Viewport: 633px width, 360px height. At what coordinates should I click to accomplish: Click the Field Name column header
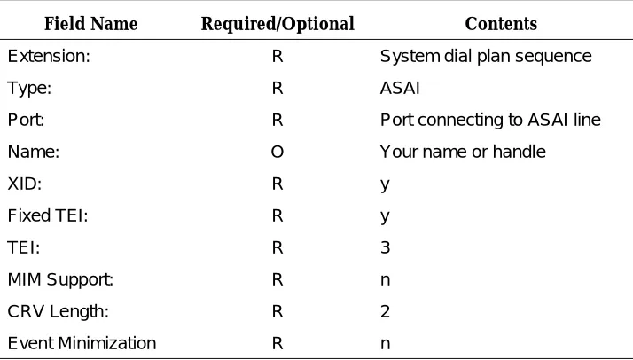(x=90, y=24)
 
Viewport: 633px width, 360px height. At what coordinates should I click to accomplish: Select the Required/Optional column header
(x=277, y=24)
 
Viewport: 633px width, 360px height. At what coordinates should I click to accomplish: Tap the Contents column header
(x=501, y=24)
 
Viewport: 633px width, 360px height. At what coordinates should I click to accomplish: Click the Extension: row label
(x=49, y=56)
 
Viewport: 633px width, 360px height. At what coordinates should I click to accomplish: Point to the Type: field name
(x=29, y=89)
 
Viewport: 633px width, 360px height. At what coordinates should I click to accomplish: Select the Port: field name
(x=26, y=120)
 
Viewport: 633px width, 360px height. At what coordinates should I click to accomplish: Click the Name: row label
(x=34, y=152)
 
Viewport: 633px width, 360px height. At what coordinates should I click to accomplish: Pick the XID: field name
(x=25, y=184)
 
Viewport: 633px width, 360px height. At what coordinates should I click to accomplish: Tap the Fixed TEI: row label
(x=48, y=215)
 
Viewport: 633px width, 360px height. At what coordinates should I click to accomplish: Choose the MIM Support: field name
(x=60, y=280)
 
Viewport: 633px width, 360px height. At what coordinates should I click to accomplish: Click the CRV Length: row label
(x=59, y=312)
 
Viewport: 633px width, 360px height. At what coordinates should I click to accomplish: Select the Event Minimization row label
(x=82, y=343)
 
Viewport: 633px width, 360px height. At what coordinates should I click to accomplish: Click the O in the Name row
(x=277, y=152)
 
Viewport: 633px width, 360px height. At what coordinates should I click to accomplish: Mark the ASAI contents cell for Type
(x=400, y=88)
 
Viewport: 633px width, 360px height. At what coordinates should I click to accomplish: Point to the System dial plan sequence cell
(x=486, y=57)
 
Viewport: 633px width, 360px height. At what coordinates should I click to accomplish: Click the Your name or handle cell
(x=463, y=152)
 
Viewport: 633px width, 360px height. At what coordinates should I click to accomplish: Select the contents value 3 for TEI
(x=385, y=247)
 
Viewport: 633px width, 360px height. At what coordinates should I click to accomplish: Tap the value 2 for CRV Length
(x=385, y=311)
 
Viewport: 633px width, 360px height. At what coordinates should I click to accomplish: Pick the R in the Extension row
(x=277, y=56)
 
